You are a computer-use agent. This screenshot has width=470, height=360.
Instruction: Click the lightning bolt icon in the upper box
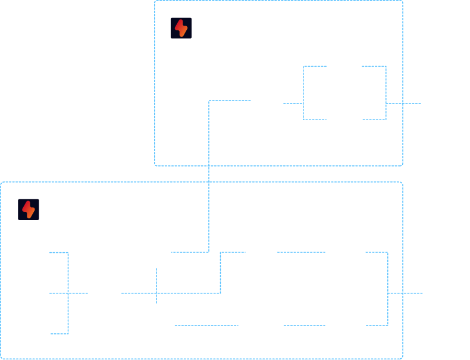(181, 28)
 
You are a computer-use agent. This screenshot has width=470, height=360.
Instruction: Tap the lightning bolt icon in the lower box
(29, 209)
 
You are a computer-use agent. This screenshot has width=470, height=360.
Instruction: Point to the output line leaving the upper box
(405, 104)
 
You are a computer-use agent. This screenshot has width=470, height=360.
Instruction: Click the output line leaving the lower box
(406, 293)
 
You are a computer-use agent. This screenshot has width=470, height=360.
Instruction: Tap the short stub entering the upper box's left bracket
(293, 104)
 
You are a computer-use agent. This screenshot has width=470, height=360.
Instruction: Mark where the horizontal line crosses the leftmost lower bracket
(68, 293)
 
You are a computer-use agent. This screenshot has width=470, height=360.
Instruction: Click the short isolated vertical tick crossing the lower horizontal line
(156, 286)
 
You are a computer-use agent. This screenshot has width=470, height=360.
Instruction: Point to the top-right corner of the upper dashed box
(402, 1)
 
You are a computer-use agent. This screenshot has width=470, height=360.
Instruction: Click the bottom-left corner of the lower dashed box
(1, 358)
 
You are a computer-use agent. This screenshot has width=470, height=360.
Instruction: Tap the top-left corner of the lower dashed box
(1, 183)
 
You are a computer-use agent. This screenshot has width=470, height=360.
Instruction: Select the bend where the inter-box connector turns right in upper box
(209, 101)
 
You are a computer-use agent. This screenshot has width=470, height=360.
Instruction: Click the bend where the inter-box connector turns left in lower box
(209, 252)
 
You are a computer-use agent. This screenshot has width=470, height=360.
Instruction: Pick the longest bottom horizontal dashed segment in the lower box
(206, 325)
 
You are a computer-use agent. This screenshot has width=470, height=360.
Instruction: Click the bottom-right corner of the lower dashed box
(402, 358)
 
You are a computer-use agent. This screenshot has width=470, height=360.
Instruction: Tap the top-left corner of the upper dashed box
(155, 1)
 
